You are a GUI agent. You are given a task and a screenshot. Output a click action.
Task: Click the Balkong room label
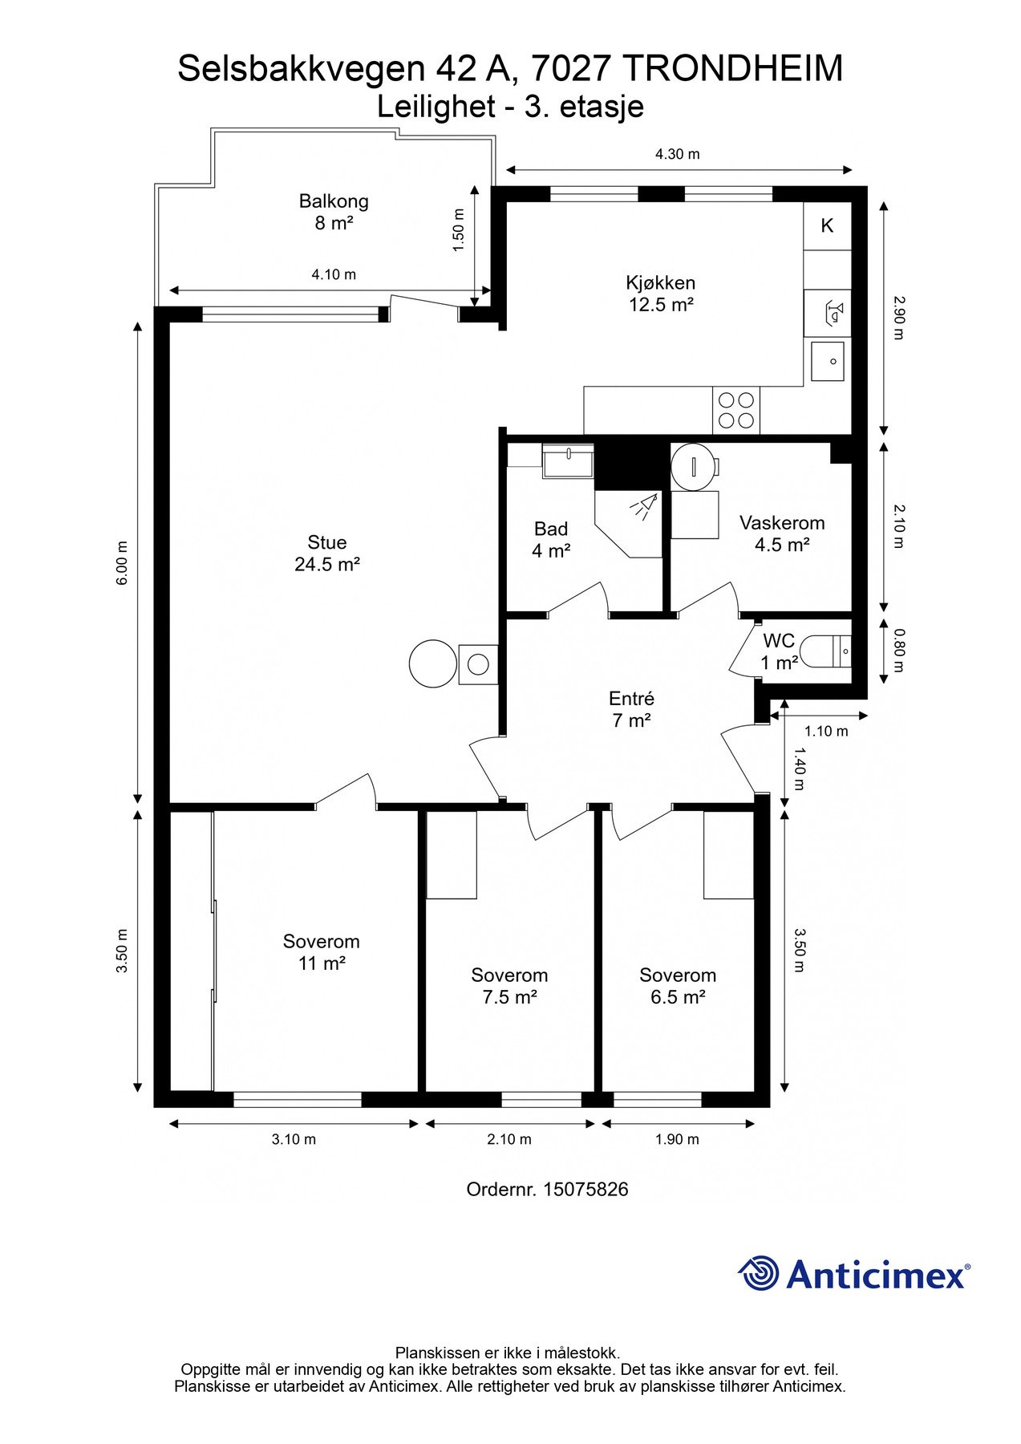point(333,212)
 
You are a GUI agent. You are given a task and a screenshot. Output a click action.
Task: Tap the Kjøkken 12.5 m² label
point(660,294)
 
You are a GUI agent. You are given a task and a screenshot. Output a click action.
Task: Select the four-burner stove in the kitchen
point(735,410)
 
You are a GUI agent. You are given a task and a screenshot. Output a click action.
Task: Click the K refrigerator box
point(827,225)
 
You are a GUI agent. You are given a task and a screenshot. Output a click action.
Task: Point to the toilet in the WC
point(827,652)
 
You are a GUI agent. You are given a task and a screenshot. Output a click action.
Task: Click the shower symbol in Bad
point(642,508)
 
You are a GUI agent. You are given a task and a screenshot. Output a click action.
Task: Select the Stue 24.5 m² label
point(327,554)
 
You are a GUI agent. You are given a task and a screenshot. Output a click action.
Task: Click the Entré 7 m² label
point(631,709)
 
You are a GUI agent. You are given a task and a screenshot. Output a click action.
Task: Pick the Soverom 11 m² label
point(322,952)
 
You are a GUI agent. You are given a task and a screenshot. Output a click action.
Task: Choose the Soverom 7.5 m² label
point(509,986)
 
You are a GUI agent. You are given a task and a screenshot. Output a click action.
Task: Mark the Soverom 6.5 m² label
point(678,986)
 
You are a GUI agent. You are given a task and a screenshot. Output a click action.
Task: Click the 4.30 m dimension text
point(678,154)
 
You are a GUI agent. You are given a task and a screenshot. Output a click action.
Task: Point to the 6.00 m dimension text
point(122,562)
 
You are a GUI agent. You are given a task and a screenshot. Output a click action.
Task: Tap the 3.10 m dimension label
point(294,1139)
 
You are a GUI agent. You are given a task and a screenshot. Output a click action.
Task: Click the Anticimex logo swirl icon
point(759,1273)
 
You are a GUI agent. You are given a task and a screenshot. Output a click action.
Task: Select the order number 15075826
point(585,1189)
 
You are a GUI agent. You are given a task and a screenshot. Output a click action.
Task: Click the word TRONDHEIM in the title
point(732,69)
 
